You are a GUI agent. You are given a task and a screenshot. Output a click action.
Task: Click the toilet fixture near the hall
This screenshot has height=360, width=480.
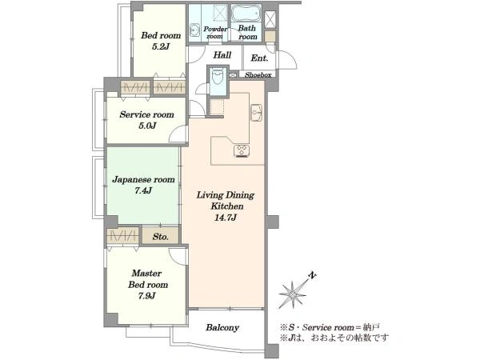pyautogui.click(x=218, y=77)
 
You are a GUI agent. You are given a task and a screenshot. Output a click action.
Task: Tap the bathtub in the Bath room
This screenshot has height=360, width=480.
pyautogui.click(x=246, y=13)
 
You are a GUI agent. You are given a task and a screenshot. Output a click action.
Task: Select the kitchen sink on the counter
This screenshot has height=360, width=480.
pyautogui.click(x=256, y=113)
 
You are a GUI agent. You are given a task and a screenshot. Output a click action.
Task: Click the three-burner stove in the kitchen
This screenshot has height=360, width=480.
pyautogui.click(x=242, y=151)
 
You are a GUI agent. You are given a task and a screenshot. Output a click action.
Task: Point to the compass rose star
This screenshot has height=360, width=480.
pyautogui.click(x=293, y=294)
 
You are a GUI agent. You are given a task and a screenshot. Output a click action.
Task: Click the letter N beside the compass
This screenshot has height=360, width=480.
pyautogui.click(x=312, y=275)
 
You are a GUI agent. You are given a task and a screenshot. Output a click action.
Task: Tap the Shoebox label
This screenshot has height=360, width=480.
pyautogui.click(x=258, y=74)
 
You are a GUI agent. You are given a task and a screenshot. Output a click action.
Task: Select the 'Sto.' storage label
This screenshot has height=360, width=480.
pyautogui.click(x=161, y=237)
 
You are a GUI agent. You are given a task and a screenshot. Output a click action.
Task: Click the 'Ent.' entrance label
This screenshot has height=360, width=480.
pyautogui.click(x=259, y=58)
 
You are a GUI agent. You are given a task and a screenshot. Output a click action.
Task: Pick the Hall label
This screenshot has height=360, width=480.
pyautogui.click(x=222, y=55)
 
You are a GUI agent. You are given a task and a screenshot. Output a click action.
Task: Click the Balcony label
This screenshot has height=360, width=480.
pyautogui.click(x=222, y=327)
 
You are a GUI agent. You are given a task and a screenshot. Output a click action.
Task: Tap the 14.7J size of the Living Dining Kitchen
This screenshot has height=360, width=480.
pyautogui.click(x=226, y=218)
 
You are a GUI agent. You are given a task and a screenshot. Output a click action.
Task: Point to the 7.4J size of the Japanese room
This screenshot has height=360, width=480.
pyautogui.click(x=143, y=190)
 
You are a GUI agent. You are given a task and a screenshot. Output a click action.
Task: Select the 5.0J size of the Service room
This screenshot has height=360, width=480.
pyautogui.click(x=147, y=126)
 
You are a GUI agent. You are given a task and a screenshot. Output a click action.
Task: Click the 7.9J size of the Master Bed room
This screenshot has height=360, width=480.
pyautogui.click(x=146, y=296)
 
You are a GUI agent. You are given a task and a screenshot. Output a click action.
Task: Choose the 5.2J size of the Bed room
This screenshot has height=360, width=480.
pyautogui.click(x=161, y=46)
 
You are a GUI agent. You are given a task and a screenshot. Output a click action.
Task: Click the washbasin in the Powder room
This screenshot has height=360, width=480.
pyautogui.click(x=194, y=30)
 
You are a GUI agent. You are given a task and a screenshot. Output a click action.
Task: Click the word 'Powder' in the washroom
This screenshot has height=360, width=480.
pyautogui.click(x=215, y=29)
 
